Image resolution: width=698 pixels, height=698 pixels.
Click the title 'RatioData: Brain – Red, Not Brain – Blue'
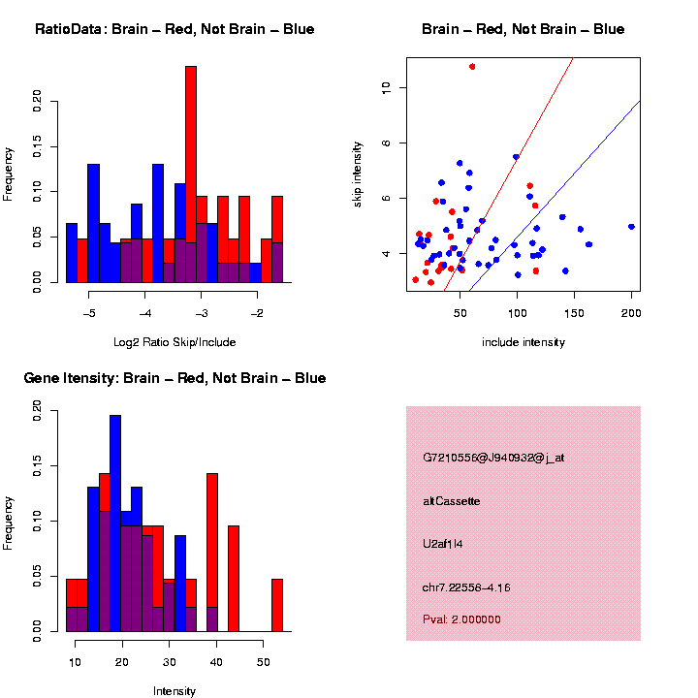point(174,29)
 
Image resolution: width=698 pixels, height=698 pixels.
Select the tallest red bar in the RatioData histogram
point(191,174)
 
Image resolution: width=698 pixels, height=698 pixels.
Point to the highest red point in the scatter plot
point(472,66)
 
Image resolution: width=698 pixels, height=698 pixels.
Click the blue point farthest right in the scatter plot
point(631,226)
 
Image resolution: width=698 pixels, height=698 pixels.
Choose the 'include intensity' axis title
point(523,342)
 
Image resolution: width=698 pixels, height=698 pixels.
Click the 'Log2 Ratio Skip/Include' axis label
point(174,342)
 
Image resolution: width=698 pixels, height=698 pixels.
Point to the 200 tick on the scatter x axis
point(631,315)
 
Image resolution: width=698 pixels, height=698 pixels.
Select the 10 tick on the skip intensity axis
point(384,87)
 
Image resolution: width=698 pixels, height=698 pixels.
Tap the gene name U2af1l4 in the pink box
point(443,544)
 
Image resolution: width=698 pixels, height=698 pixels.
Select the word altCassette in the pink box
point(452,501)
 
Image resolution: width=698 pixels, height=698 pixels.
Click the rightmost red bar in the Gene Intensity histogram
point(277,605)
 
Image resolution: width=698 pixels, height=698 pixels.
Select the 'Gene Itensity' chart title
point(174,378)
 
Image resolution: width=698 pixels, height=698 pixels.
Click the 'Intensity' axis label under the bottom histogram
point(174,691)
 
